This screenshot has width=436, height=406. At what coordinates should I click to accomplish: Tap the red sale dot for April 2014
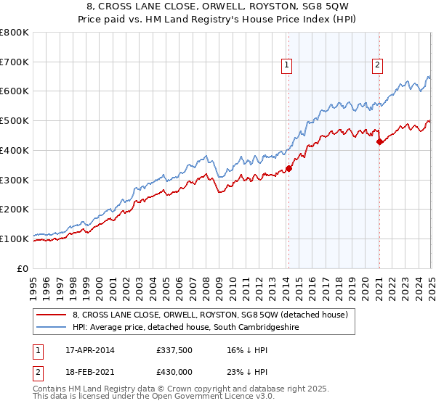pyautogui.click(x=288, y=168)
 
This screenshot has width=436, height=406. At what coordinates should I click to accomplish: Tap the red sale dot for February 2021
pyautogui.click(x=379, y=142)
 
